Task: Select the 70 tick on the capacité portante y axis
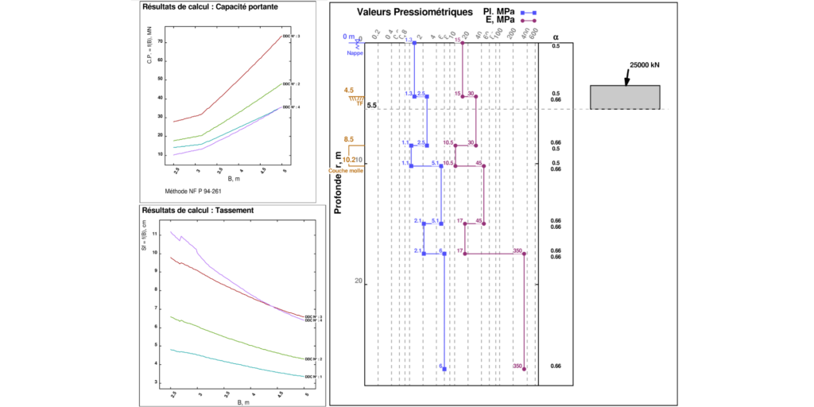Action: (160, 41)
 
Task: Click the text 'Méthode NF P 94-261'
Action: (194, 192)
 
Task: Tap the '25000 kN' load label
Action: (644, 66)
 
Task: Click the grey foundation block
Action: (624, 96)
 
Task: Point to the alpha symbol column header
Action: (556, 37)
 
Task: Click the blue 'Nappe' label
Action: (354, 53)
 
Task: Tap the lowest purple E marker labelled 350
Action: (524, 369)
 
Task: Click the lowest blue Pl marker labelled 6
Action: (444, 369)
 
